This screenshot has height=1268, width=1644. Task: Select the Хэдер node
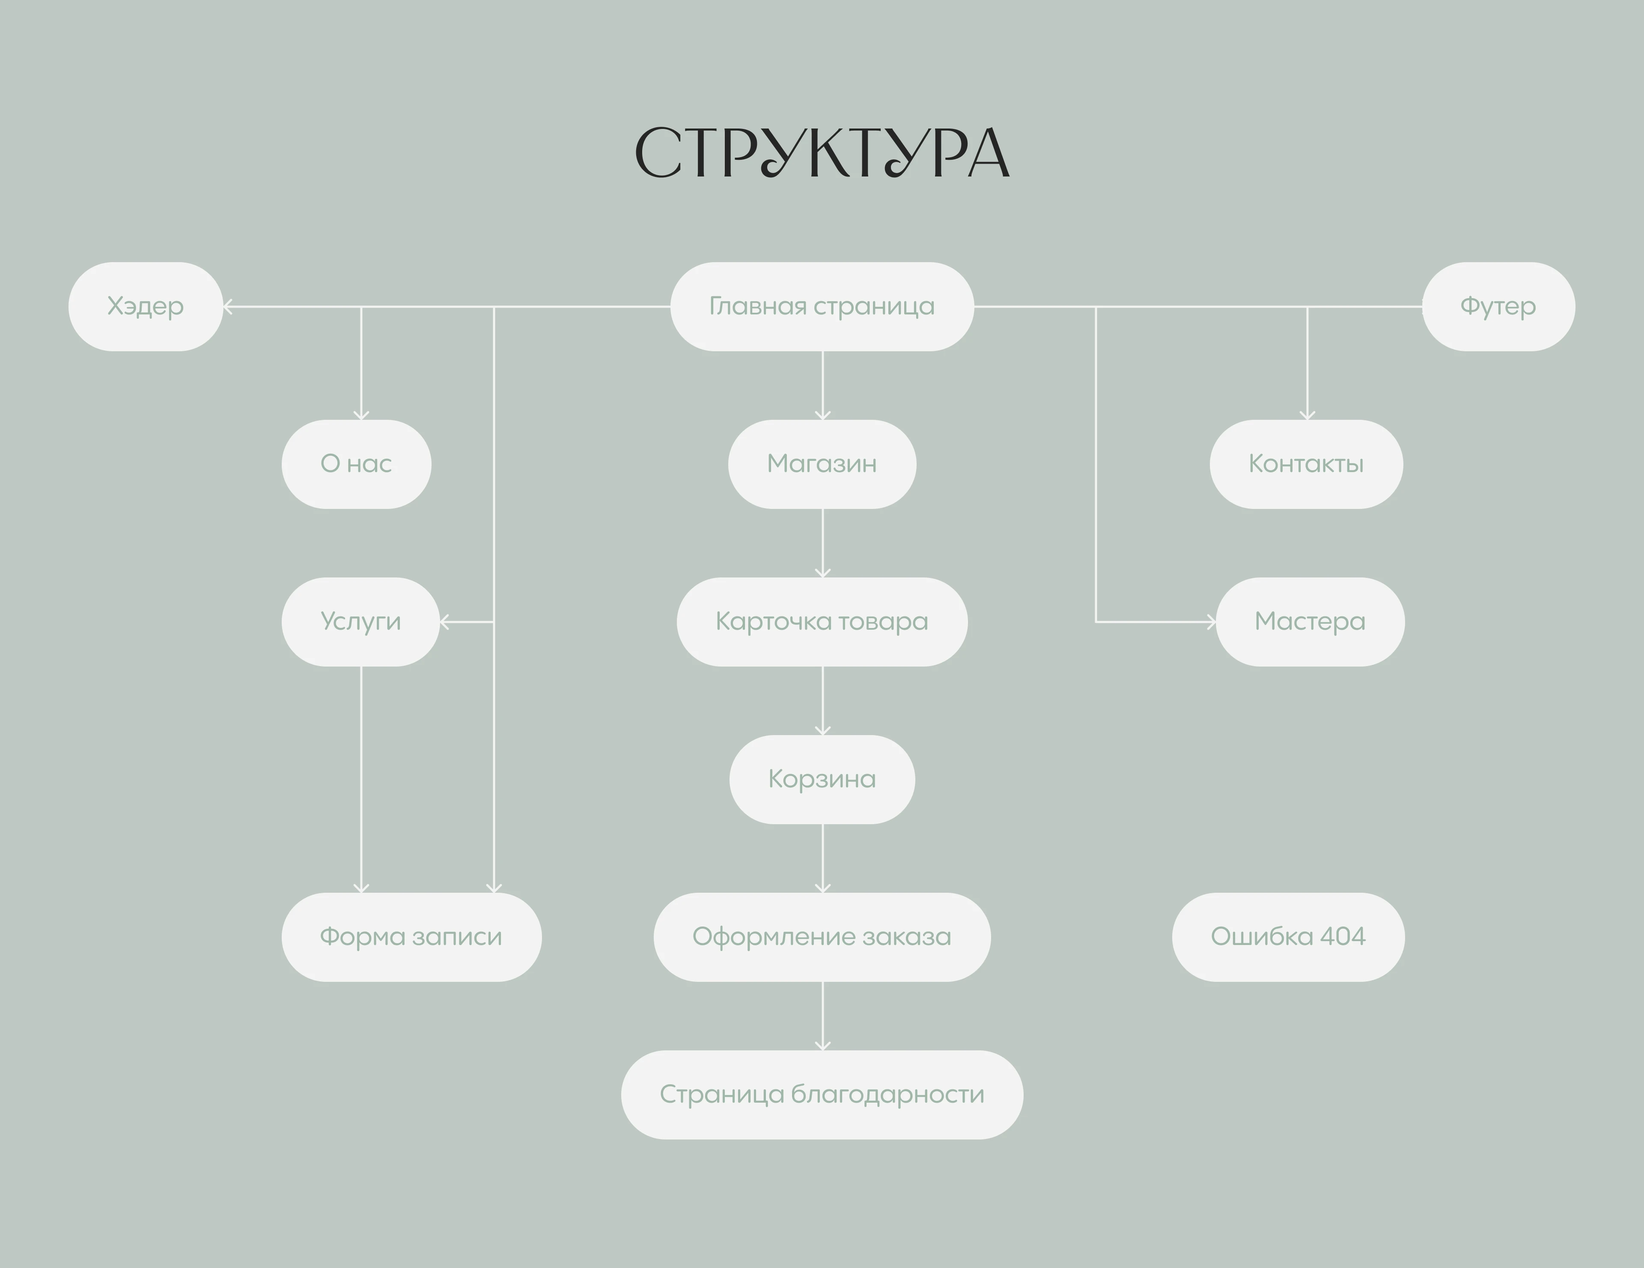(x=145, y=306)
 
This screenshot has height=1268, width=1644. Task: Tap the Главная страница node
(x=822, y=306)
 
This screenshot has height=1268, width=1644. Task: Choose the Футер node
(x=1498, y=306)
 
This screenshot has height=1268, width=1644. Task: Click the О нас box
(x=356, y=464)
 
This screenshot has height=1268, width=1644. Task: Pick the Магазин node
(x=822, y=464)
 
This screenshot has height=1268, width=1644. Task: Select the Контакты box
(x=1306, y=464)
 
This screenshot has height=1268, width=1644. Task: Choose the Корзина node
(x=822, y=779)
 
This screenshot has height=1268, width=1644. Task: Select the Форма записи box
(x=411, y=937)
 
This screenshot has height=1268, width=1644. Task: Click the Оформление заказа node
(x=822, y=937)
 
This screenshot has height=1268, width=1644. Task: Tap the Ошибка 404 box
(x=1288, y=937)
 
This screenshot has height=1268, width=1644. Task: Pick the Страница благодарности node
(x=822, y=1094)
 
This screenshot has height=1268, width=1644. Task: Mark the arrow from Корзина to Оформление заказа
(x=823, y=858)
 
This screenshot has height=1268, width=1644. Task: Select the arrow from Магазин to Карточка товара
(x=823, y=543)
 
